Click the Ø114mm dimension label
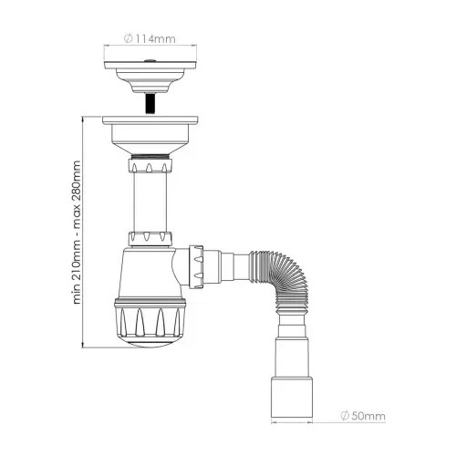[150, 39]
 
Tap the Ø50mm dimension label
[363, 416]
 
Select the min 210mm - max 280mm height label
[77, 232]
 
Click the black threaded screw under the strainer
[150, 104]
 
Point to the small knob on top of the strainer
[150, 61]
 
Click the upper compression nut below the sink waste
[150, 164]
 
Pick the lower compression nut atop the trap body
[150, 239]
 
